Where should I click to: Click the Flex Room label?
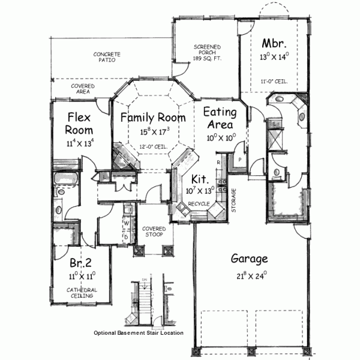tap(79, 123)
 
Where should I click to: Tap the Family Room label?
tap(150, 118)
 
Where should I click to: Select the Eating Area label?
tap(220, 118)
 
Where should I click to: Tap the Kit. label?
tap(200, 179)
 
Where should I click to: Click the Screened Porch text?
tap(206, 50)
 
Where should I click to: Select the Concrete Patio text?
tap(107, 57)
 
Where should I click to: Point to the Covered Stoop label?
tap(154, 232)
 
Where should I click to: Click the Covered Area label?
tap(83, 89)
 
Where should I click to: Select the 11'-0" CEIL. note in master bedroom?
tap(274, 81)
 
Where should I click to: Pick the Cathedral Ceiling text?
tap(82, 293)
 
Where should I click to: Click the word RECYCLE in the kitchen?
tap(199, 204)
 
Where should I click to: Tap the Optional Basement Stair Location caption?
tap(138, 333)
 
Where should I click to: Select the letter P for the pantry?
tap(239, 160)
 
